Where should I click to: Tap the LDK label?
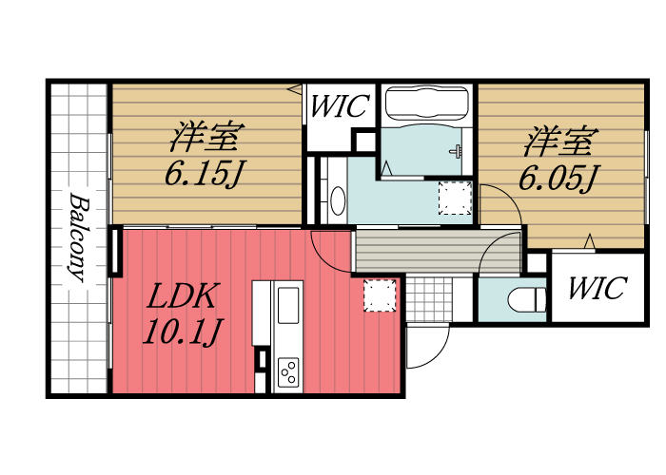(x=184, y=297)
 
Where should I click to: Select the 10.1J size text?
(x=183, y=332)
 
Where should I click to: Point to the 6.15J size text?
(x=201, y=174)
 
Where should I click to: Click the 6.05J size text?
(x=558, y=178)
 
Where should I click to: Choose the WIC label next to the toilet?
(x=597, y=288)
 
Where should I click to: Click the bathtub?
(x=426, y=104)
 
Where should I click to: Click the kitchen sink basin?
(x=287, y=305)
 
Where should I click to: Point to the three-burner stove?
(x=287, y=371)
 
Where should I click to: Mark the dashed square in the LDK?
(x=379, y=294)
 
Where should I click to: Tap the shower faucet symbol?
(x=458, y=150)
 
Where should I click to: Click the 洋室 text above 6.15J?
(x=203, y=138)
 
